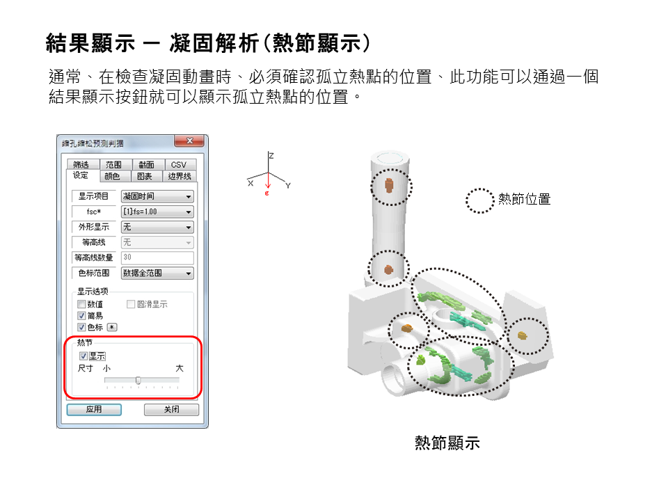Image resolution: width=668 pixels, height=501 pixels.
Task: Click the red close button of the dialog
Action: tap(189, 143)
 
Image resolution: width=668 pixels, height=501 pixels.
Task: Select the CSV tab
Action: tap(178, 165)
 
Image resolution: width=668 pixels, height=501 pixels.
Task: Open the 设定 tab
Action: tap(81, 176)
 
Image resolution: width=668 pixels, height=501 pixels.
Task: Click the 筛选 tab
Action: tap(81, 165)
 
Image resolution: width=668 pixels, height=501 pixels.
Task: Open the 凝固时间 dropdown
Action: tap(157, 197)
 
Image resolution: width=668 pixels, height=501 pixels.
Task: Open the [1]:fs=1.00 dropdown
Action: tap(157, 212)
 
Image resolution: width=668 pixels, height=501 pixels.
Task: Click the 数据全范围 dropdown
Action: tap(157, 273)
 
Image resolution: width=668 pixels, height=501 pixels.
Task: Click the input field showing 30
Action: tap(157, 257)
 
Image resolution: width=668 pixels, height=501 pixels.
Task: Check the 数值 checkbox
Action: tap(81, 304)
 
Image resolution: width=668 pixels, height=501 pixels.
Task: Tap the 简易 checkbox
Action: tap(81, 316)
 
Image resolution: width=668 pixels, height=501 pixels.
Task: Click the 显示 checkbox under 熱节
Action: tap(83, 356)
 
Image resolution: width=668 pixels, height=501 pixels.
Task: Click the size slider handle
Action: tap(138, 380)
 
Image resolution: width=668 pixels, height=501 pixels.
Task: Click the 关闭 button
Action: tap(171, 410)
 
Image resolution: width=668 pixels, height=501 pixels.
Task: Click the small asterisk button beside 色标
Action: tap(112, 327)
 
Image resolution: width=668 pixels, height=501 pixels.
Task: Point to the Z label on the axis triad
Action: tap(271, 156)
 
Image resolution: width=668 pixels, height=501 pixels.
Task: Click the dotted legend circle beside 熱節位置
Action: tap(479, 200)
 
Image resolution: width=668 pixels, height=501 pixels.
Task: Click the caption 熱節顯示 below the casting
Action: tap(447, 443)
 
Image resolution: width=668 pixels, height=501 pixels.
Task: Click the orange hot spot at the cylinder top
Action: tap(389, 186)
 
